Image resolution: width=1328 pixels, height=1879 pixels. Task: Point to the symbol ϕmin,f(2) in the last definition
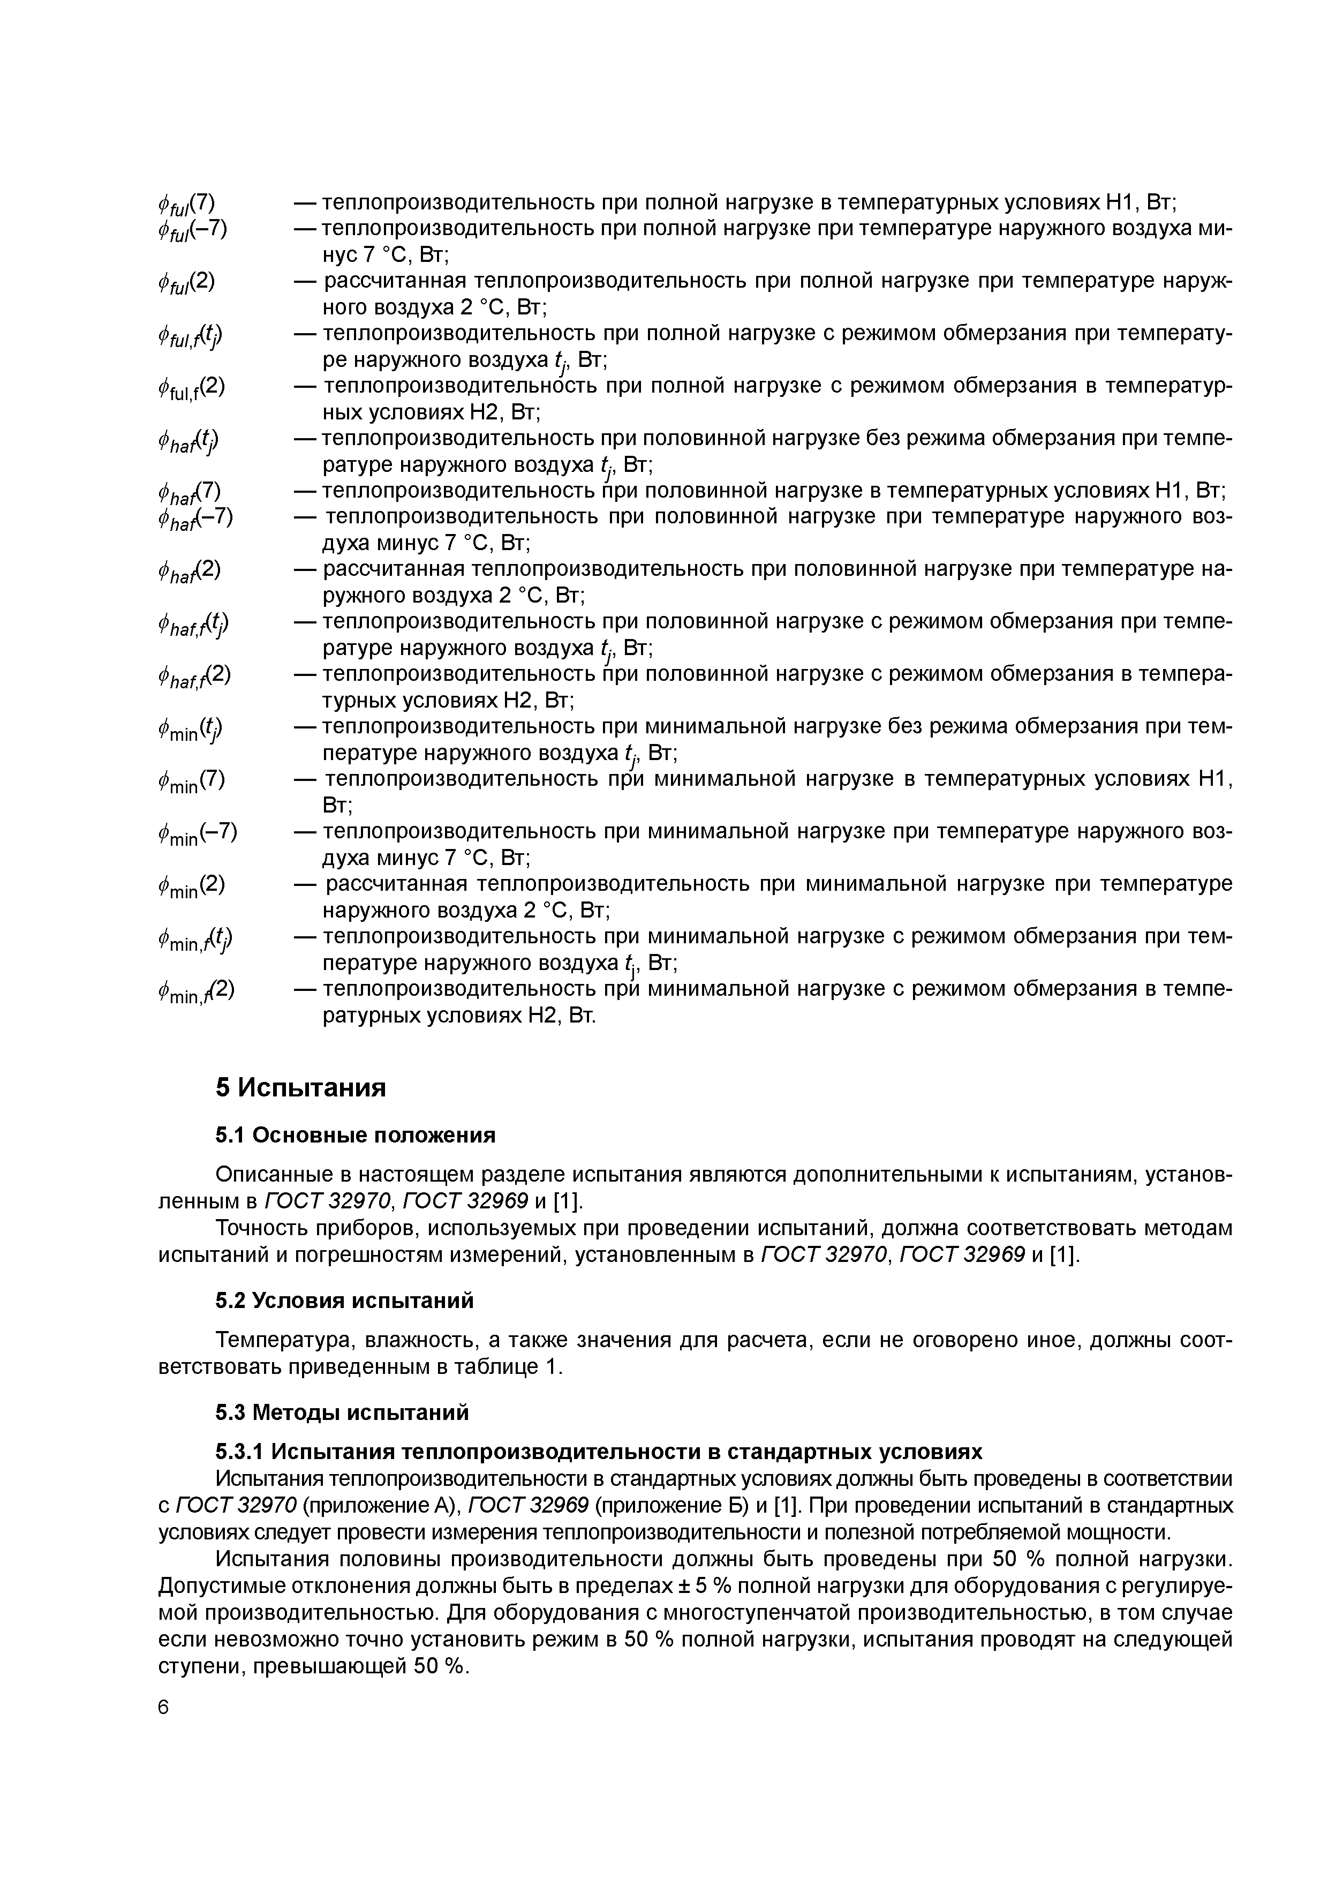[197, 991]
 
